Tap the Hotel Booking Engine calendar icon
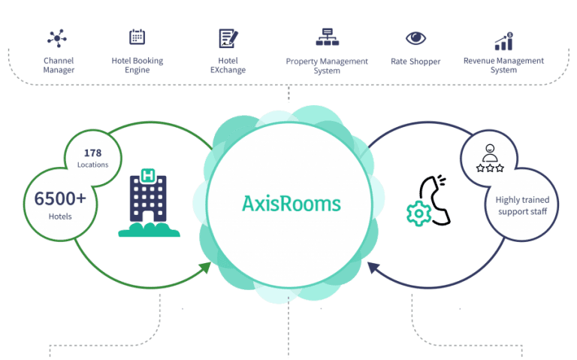coord(137,37)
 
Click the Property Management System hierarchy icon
coord(327,37)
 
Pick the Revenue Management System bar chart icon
coord(503,40)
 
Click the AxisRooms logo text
coord(292,204)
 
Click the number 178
coord(92,153)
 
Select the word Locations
coord(92,165)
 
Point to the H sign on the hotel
coord(148,177)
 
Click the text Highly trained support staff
coord(522,205)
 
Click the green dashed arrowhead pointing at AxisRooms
coord(206,266)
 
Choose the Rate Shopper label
coord(415,61)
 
